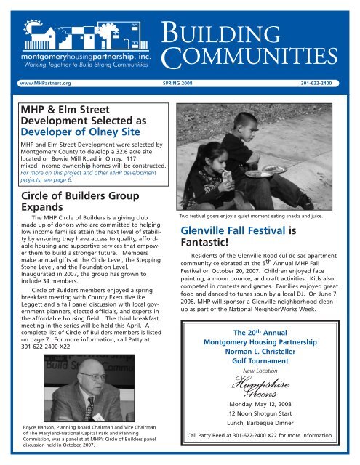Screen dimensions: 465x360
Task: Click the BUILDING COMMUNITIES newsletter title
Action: [260, 34]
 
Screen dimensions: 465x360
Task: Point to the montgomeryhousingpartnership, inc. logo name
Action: [87, 55]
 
